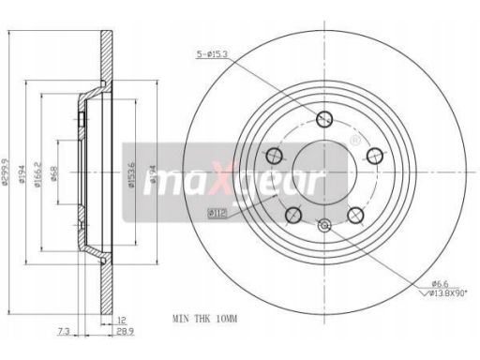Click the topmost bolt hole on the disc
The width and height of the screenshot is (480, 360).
click(x=324, y=118)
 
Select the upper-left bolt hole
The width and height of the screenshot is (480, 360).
click(x=275, y=155)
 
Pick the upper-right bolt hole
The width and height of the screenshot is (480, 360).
click(x=374, y=155)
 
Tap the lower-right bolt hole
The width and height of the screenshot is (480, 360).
click(x=355, y=215)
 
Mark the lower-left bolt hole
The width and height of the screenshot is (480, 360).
click(x=293, y=215)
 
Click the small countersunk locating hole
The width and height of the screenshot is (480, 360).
click(x=324, y=225)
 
